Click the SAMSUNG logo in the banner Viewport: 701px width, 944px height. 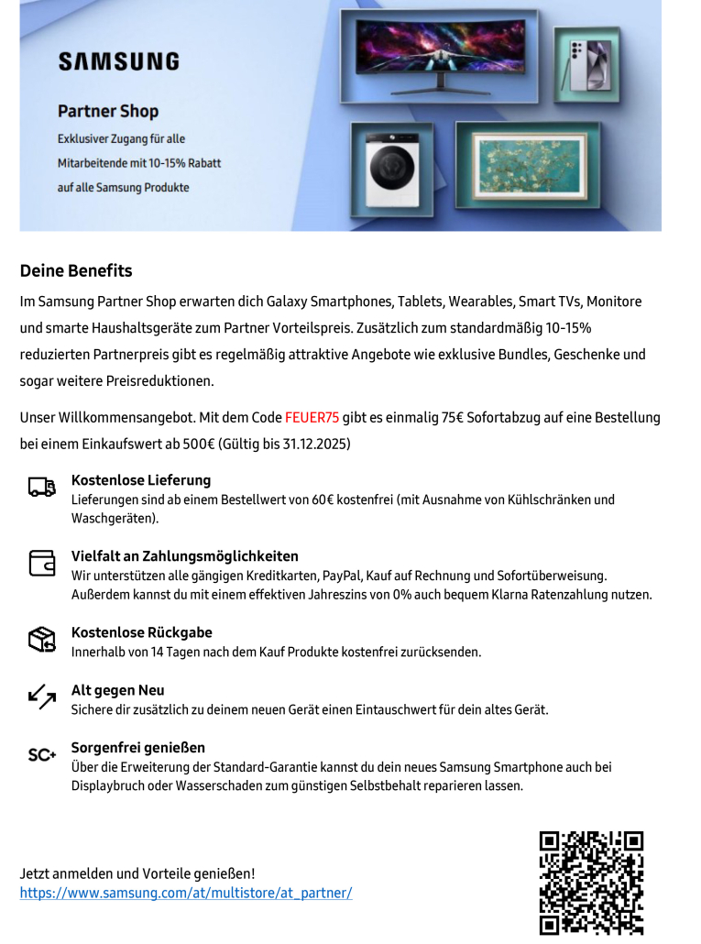coord(118,61)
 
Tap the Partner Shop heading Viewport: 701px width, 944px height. coord(108,111)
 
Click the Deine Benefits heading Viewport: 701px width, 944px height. coord(76,270)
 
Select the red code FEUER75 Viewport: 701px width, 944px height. coord(312,417)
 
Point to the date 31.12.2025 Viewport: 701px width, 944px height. coord(314,444)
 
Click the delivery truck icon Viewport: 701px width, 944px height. coord(42,488)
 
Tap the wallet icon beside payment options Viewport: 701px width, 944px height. coord(42,563)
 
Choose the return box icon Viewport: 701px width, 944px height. coord(42,640)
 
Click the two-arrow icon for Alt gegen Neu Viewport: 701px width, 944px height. coord(42,697)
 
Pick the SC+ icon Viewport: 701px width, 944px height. coord(42,755)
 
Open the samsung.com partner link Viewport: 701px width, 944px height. coord(186,893)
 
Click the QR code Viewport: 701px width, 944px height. coord(590,883)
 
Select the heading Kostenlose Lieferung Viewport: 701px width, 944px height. coord(141,480)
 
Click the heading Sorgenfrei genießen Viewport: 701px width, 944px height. coord(138,748)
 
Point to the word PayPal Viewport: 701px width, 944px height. coord(342,576)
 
